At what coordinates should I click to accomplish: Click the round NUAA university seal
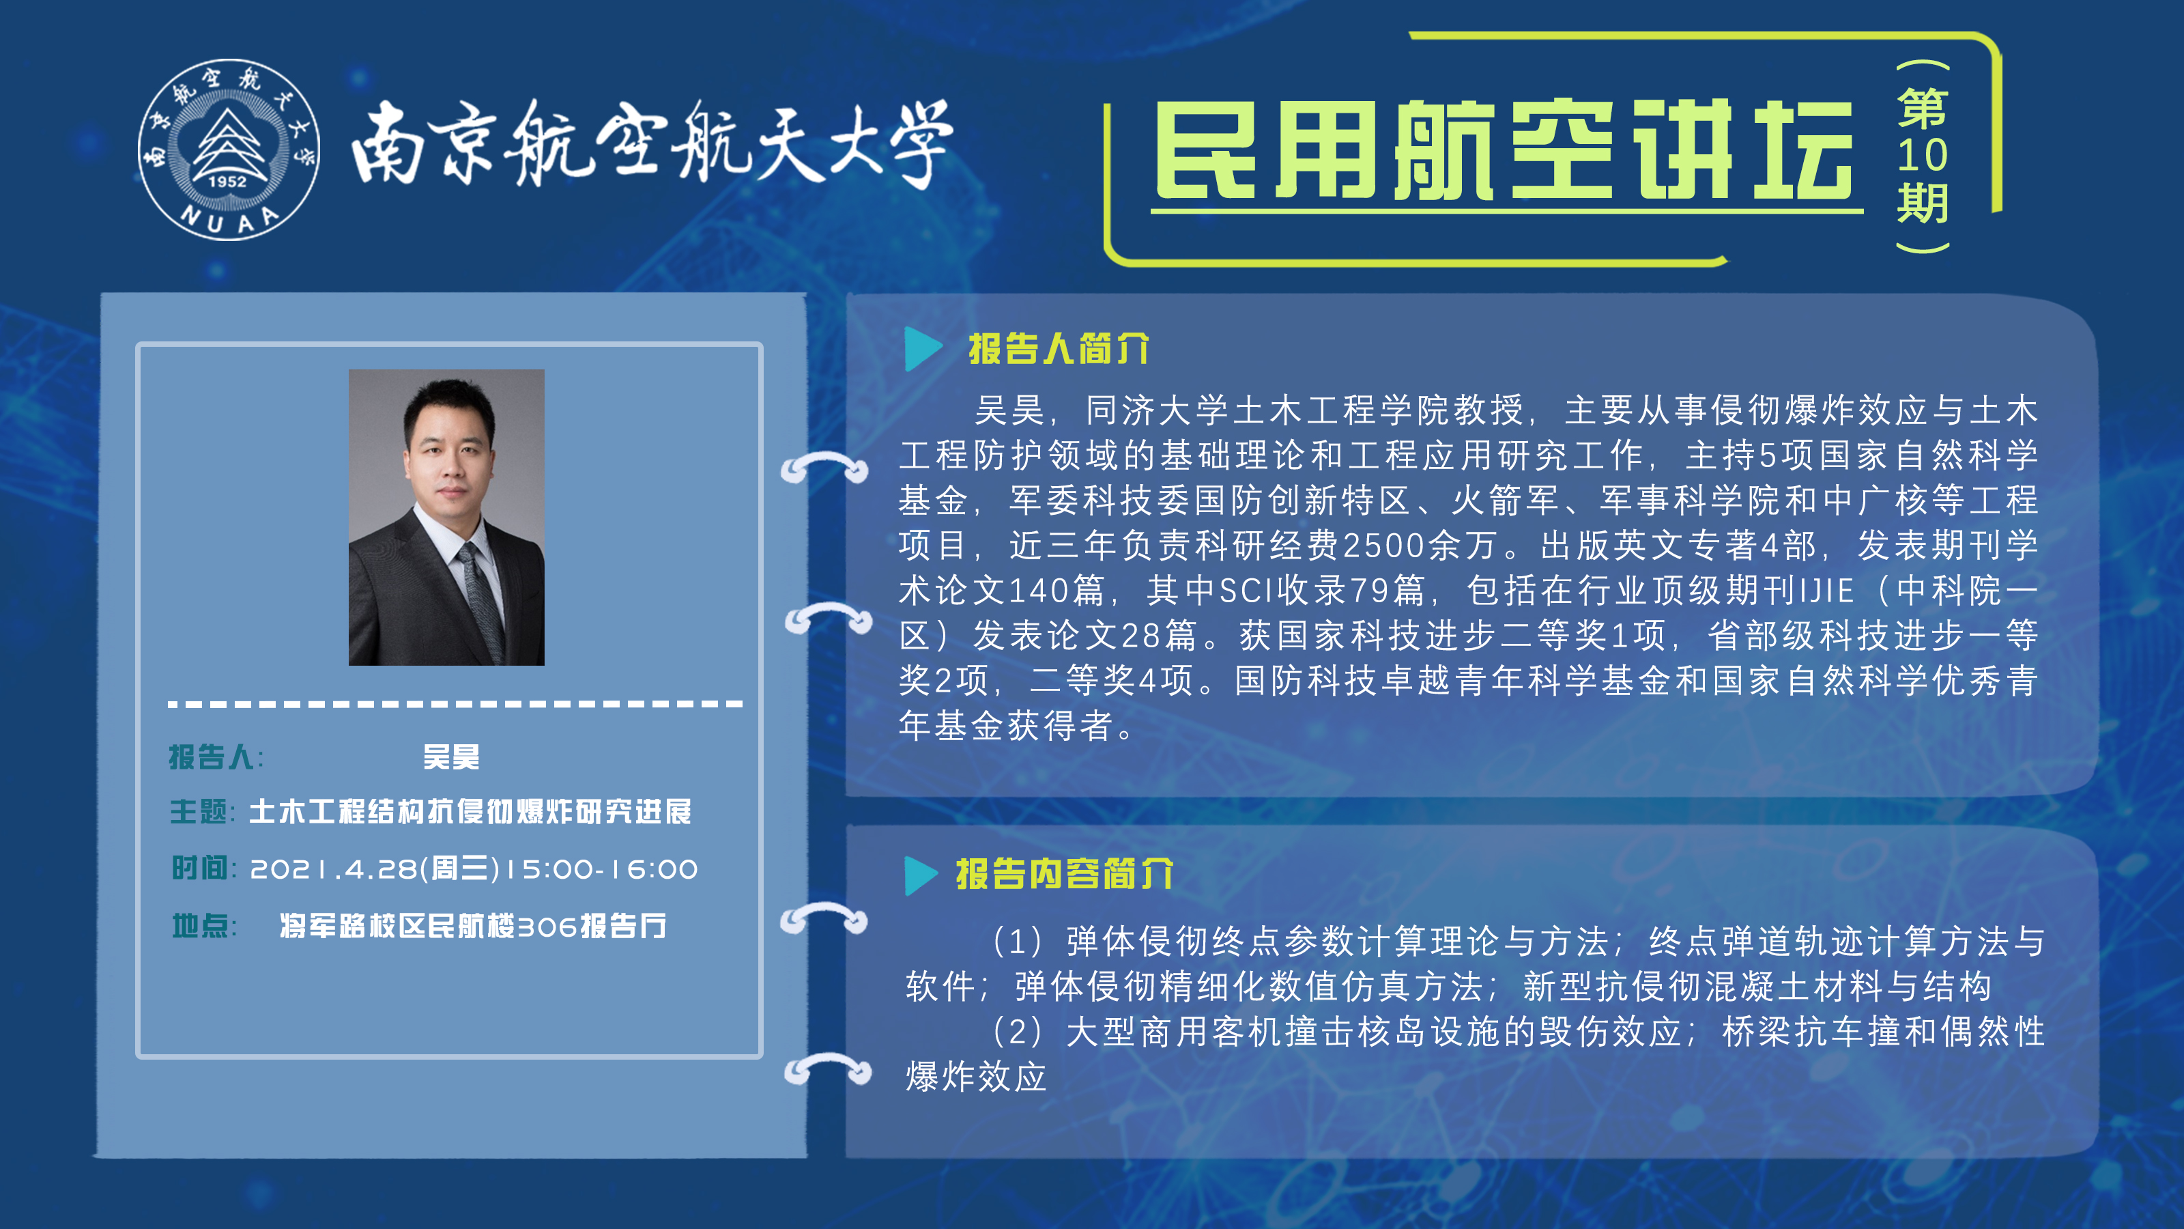click(229, 150)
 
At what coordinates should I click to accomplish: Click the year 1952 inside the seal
click(227, 181)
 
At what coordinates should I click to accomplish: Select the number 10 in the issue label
click(1922, 154)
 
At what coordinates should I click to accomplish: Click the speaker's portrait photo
click(446, 517)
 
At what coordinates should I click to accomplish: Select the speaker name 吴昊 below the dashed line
click(451, 757)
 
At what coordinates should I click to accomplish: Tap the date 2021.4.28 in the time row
click(333, 868)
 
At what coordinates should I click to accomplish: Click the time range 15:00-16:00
click(601, 868)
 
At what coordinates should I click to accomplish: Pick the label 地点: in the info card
click(204, 925)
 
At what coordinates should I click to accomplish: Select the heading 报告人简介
click(1059, 349)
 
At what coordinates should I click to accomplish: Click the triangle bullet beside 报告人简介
click(923, 349)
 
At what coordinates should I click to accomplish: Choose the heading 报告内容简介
click(1065, 874)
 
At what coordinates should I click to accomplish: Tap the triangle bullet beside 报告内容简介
click(921, 875)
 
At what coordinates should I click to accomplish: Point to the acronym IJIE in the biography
click(1827, 591)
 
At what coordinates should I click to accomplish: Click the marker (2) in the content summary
click(1016, 1032)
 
